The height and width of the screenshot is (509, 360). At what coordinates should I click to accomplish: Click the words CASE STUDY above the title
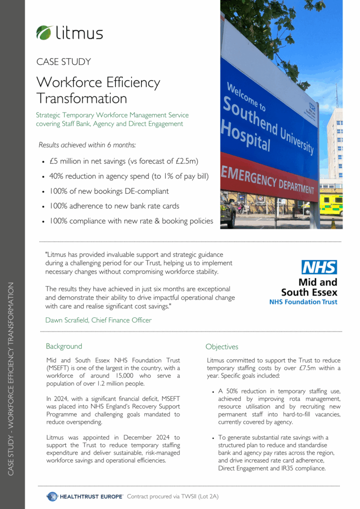pyautogui.click(x=63, y=62)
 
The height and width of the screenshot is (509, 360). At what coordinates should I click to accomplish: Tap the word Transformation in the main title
pyautogui.click(x=82, y=98)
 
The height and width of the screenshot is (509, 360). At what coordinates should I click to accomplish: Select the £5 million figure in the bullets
pyautogui.click(x=69, y=161)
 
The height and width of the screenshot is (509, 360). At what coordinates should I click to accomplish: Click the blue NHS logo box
pyautogui.click(x=319, y=267)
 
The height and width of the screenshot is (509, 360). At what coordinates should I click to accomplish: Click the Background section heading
pyautogui.click(x=64, y=346)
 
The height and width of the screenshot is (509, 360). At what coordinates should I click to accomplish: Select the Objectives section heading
pyautogui.click(x=222, y=347)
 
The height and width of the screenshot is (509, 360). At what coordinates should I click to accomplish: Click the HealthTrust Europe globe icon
pyautogui.click(x=52, y=496)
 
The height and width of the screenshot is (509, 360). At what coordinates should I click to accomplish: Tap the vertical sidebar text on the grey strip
pyautogui.click(x=12, y=379)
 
